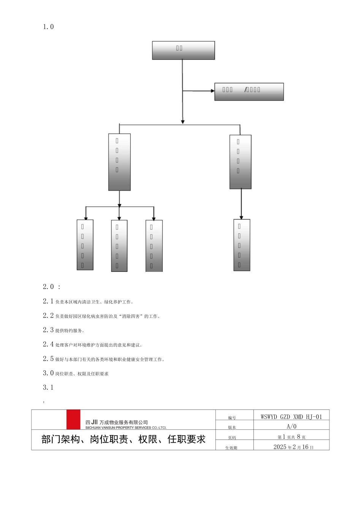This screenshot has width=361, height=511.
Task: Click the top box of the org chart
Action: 183,50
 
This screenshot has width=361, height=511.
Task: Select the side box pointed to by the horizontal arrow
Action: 249,92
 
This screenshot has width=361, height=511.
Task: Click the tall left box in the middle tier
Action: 119,162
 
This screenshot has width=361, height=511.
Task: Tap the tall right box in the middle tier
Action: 240,162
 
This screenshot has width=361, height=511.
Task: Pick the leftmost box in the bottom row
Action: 85,245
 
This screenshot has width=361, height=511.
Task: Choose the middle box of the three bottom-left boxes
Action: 119,246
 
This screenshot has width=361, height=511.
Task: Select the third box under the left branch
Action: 154,246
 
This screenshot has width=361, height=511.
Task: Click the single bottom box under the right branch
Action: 242,245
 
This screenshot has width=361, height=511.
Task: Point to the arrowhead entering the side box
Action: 213,91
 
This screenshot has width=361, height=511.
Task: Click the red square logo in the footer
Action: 73,419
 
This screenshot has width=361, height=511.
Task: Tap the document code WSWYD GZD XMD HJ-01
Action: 291,417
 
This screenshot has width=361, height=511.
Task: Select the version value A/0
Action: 291,427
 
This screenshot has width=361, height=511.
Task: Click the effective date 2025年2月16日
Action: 293,447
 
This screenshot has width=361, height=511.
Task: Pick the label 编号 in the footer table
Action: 232,418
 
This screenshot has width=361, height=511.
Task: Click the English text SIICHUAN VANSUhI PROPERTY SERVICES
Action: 125,428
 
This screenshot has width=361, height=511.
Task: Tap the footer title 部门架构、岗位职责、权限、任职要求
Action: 123,440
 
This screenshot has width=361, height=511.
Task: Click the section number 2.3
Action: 48,330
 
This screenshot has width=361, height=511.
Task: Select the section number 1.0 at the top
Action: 48,27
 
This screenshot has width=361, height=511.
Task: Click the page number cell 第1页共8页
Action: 291,437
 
